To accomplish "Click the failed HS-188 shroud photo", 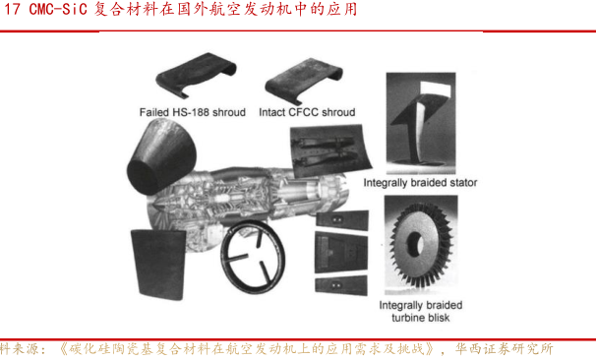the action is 196,76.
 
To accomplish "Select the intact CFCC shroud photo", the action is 304,81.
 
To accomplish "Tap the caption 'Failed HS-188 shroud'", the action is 193,112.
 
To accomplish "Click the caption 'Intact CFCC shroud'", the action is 307,112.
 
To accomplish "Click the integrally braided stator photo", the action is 421,123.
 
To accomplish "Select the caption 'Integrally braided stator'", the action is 420,183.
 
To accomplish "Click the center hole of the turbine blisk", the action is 415,242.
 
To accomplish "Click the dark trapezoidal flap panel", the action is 157,264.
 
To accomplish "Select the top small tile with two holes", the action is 342,220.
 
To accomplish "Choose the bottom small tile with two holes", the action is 341,285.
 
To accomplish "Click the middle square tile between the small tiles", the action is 341,253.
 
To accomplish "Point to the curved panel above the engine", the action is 329,150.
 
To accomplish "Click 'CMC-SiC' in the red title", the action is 58,9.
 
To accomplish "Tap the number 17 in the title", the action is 12,9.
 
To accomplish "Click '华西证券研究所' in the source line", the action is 504,349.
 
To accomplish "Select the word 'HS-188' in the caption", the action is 190,112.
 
